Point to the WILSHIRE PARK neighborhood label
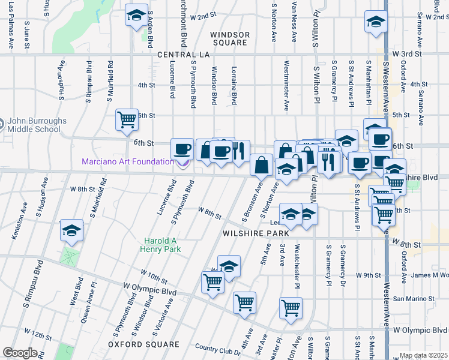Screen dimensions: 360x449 tap(252, 233)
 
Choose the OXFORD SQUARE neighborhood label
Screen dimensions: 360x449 tap(143, 344)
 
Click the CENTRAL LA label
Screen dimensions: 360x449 tap(182, 55)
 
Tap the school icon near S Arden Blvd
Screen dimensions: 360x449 tap(137, 15)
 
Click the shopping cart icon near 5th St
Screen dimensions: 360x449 tap(127, 119)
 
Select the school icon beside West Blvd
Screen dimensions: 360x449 tap(71, 231)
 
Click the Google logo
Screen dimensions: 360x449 tap(20, 352)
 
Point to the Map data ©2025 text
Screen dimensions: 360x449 tap(424, 356)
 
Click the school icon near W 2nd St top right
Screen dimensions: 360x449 tap(376, 22)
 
